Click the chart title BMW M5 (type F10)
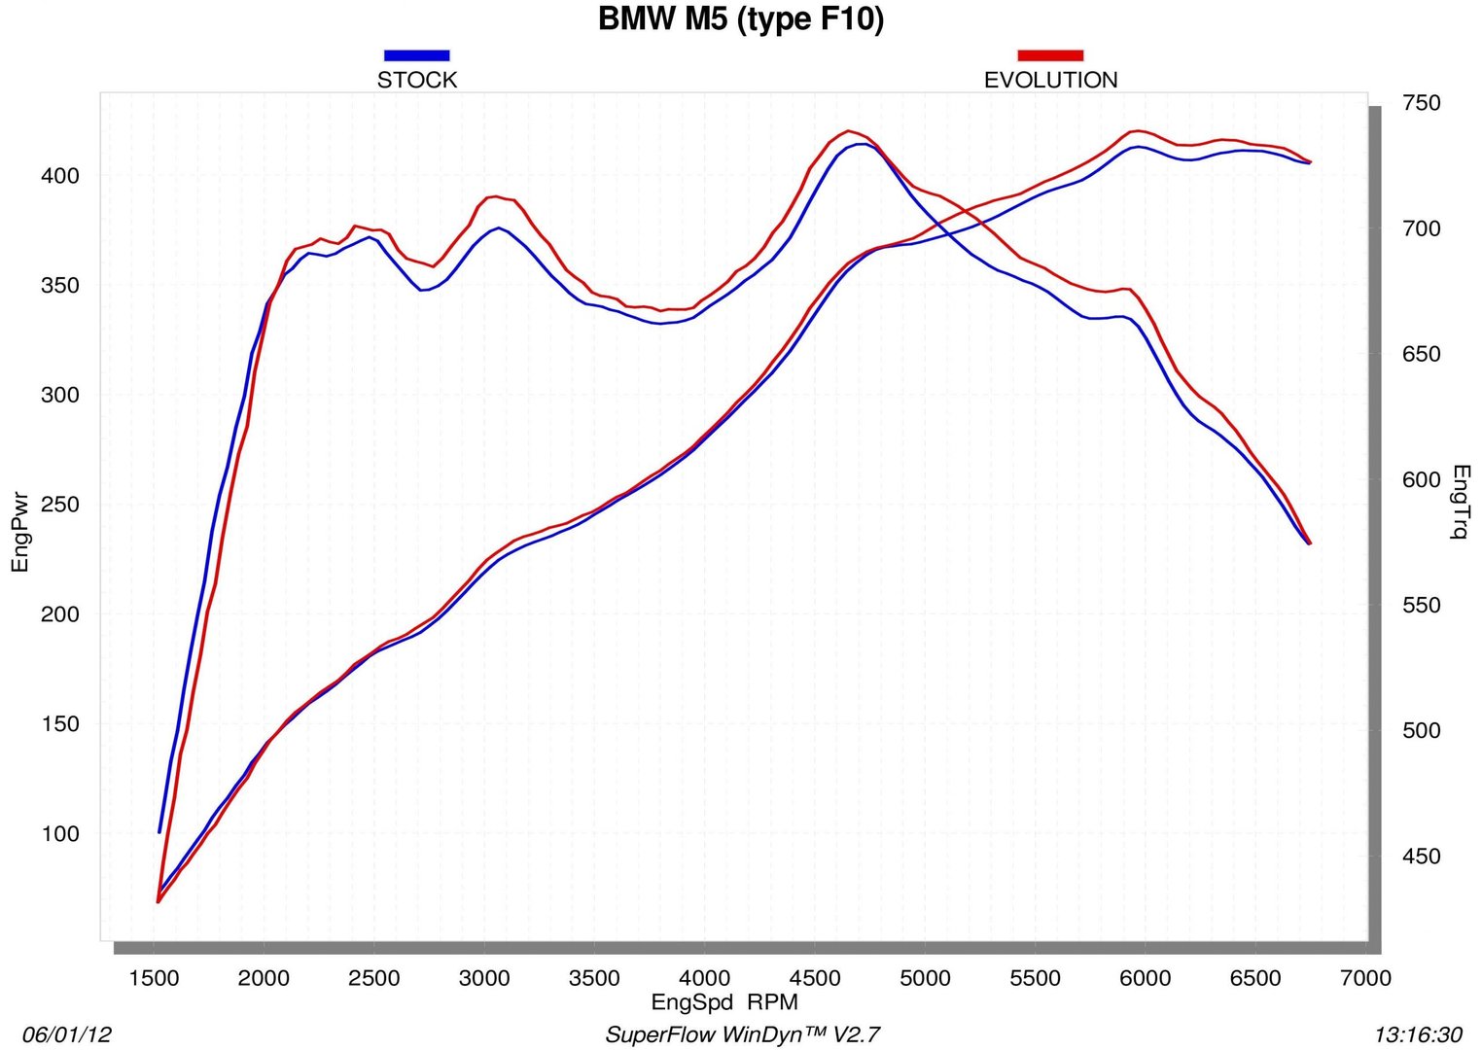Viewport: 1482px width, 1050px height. pyautogui.click(x=741, y=19)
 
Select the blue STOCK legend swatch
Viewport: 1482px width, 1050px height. pyautogui.click(x=416, y=55)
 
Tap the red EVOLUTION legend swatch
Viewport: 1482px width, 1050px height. pyautogui.click(x=1049, y=55)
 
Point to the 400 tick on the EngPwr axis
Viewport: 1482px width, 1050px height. pyautogui.click(x=59, y=176)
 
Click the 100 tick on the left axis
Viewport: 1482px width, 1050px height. pyautogui.click(x=59, y=834)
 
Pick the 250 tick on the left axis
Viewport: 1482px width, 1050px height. pyautogui.click(x=59, y=505)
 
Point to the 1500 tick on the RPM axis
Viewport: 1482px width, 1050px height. pyautogui.click(x=154, y=978)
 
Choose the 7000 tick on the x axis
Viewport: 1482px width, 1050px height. pyautogui.click(x=1365, y=978)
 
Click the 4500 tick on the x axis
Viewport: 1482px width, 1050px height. pyautogui.click(x=815, y=978)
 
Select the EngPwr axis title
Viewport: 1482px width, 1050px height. pyautogui.click(x=20, y=531)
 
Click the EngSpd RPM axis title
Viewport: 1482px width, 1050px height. pyautogui.click(x=723, y=1002)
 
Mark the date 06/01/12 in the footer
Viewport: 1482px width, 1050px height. pyautogui.click(x=67, y=1034)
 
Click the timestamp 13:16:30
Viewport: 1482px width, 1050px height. pyautogui.click(x=1418, y=1034)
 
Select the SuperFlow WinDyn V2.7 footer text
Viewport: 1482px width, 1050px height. pyautogui.click(x=742, y=1034)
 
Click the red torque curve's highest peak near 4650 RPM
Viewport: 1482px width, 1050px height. pyautogui.click(x=849, y=130)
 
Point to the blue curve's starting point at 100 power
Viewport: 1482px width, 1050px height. pyautogui.click(x=159, y=831)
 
